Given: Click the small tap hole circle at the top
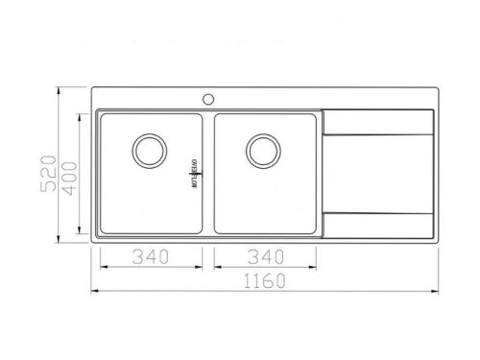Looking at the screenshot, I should point(207,97).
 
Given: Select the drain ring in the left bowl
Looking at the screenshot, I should point(149,150).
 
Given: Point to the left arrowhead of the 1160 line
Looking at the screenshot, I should point(96,290).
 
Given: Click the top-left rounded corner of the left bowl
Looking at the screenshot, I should point(102,115).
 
